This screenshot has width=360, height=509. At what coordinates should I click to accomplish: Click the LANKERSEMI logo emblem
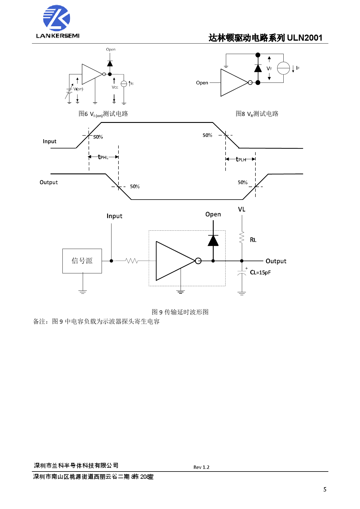tap(57, 18)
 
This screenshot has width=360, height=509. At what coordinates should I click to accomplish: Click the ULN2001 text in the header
tap(305, 38)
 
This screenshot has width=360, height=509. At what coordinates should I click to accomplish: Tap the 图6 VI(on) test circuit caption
tap(103, 114)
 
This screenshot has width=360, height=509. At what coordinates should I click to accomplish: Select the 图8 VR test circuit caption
tap(257, 114)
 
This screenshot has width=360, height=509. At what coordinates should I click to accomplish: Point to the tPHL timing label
tap(103, 157)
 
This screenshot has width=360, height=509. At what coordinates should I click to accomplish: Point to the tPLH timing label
tap(241, 159)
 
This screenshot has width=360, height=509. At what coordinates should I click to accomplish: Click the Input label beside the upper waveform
tap(49, 141)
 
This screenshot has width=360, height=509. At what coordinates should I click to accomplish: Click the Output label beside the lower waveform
tap(48, 182)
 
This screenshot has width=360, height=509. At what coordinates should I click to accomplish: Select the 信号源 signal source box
tap(82, 261)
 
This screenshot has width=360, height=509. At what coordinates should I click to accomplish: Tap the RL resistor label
tap(253, 240)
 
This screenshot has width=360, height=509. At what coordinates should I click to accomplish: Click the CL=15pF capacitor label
tap(260, 273)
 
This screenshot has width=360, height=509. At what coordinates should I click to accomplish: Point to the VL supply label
tap(242, 209)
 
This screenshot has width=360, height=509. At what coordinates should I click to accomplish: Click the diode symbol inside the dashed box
tap(213, 241)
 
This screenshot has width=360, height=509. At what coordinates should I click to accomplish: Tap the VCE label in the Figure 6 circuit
tap(115, 87)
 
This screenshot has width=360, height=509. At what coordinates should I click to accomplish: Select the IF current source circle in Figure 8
tap(283, 68)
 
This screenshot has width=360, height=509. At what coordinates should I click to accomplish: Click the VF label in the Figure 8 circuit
tap(269, 69)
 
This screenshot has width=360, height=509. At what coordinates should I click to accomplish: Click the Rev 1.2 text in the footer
tap(201, 467)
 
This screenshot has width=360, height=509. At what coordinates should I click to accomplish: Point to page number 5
tap(325, 490)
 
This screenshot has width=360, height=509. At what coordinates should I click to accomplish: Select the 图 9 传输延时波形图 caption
tap(180, 312)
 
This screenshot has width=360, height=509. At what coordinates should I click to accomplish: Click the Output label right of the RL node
tap(276, 261)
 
